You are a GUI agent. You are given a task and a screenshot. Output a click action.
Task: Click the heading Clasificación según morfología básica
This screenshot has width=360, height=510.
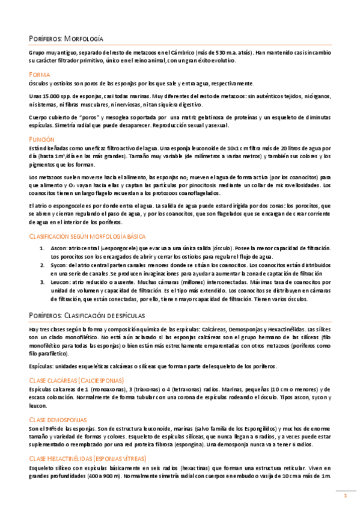(x=87, y=236)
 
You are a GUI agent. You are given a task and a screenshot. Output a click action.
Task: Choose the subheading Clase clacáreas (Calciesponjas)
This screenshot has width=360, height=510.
(x=76, y=380)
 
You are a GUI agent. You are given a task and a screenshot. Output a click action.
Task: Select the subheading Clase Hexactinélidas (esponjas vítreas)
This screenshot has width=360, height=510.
(x=93, y=459)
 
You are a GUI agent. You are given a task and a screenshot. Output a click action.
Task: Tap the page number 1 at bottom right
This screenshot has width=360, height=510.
(x=346, y=495)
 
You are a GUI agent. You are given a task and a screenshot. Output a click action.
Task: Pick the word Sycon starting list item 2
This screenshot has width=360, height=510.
(x=59, y=265)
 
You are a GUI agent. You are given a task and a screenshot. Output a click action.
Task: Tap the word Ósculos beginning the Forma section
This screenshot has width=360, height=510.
(x=40, y=84)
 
